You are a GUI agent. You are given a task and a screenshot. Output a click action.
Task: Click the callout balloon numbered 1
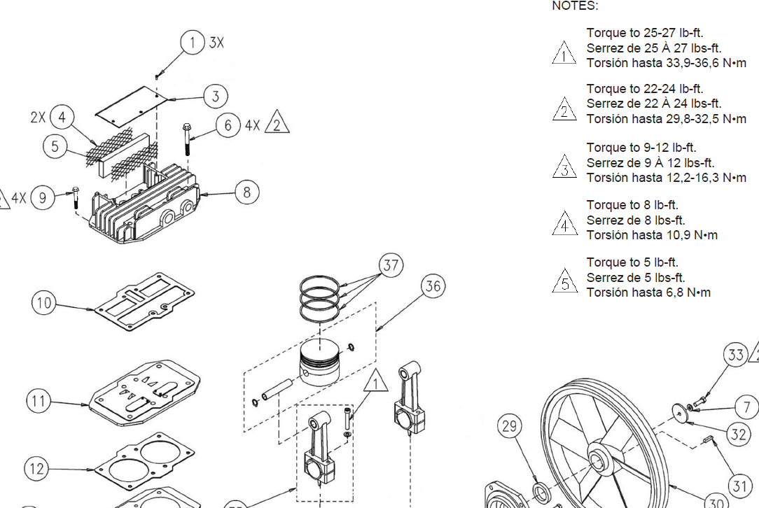click(193, 43)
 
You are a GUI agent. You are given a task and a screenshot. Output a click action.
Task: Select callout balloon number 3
click(216, 97)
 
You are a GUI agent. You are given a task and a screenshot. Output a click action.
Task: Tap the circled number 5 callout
click(55, 146)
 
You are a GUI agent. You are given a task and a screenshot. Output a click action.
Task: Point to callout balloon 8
click(246, 192)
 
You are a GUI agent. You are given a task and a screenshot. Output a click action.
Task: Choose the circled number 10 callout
click(43, 303)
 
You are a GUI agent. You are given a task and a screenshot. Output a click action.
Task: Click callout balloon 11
click(39, 402)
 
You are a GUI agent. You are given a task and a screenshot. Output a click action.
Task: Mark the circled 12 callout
click(37, 467)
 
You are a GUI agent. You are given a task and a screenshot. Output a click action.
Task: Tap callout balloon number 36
click(433, 286)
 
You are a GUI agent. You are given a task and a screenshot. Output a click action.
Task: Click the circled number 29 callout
click(510, 426)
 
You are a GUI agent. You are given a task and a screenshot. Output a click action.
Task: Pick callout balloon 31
click(739, 485)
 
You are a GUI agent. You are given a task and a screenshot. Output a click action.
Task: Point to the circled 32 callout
click(739, 435)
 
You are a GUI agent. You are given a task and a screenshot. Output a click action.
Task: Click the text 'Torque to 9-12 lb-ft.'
click(641, 148)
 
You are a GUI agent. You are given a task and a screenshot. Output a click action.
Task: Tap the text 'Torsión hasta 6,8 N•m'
click(648, 292)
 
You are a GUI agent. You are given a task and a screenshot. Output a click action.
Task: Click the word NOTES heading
click(575, 6)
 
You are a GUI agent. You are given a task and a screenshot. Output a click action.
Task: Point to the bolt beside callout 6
click(187, 139)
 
